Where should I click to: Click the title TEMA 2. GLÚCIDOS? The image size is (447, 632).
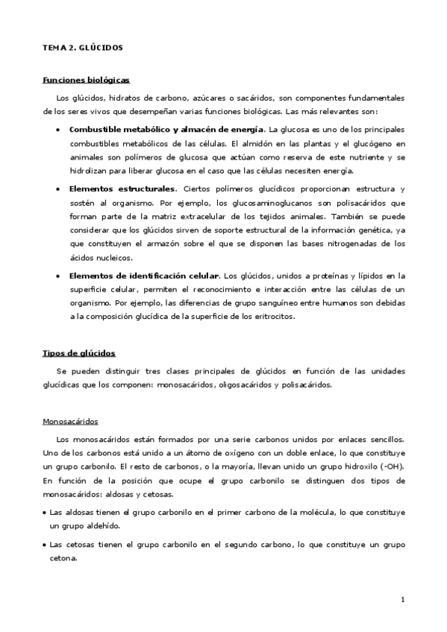82,48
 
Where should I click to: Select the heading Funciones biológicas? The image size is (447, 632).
87,80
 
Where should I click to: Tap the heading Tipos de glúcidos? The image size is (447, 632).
78,353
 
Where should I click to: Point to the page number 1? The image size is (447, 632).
402,600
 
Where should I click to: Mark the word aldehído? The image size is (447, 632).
100,526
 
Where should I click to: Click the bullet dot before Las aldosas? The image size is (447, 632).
44,513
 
